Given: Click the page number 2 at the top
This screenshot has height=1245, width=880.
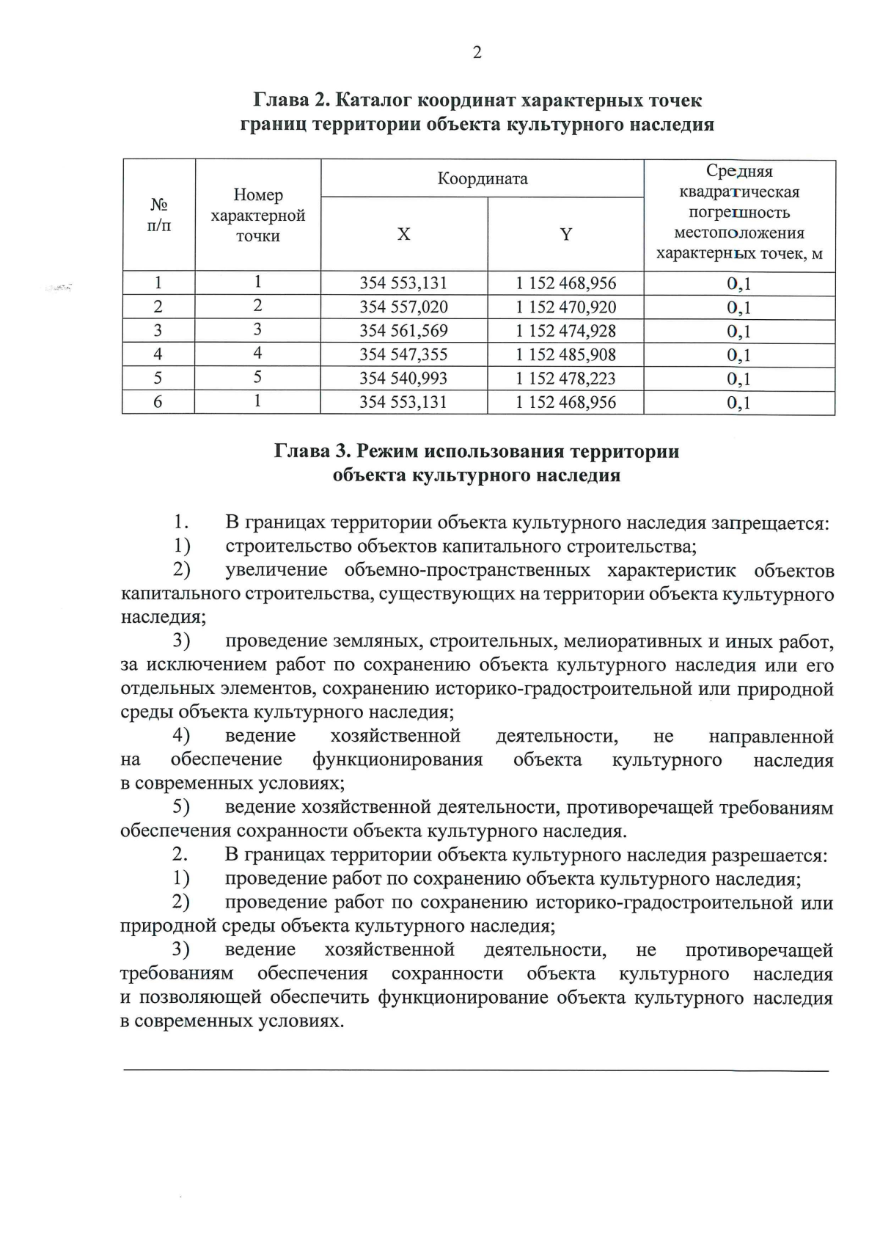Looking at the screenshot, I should point(477,52).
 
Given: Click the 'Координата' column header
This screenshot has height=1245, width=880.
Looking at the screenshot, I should point(483,179).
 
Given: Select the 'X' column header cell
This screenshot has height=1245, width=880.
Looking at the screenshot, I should point(404,235).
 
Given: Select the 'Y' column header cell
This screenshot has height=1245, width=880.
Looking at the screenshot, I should point(566,235).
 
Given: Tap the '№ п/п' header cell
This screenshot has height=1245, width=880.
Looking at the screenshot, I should point(158,215).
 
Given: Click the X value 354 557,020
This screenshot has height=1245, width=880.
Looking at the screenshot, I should point(403,307).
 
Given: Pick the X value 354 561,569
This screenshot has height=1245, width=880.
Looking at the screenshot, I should point(403,331).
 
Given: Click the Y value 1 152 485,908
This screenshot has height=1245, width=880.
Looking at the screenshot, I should point(566,355).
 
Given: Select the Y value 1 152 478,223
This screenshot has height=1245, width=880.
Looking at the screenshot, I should point(566,379).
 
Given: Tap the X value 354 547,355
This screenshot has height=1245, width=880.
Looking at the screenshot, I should point(403,355).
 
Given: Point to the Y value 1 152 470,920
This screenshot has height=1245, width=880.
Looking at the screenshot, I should point(566,307).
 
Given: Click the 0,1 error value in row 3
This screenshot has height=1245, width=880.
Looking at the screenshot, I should point(739,332).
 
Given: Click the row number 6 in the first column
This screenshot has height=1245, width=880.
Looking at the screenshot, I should point(158,402).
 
